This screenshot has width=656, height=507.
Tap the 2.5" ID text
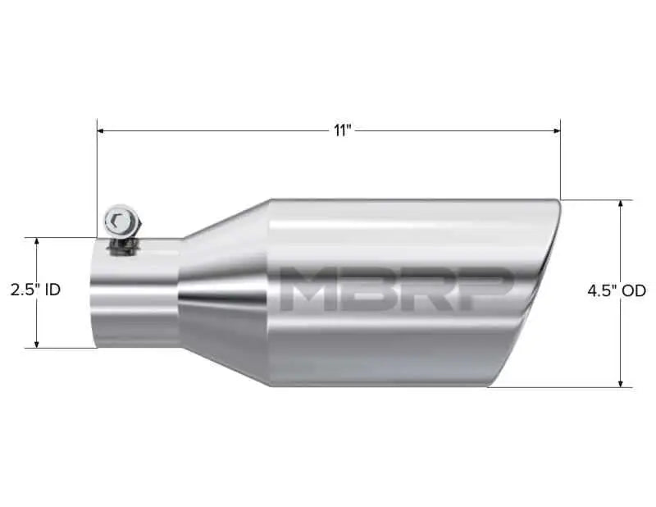coord(35,290)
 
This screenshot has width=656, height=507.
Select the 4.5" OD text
coord(617,290)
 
